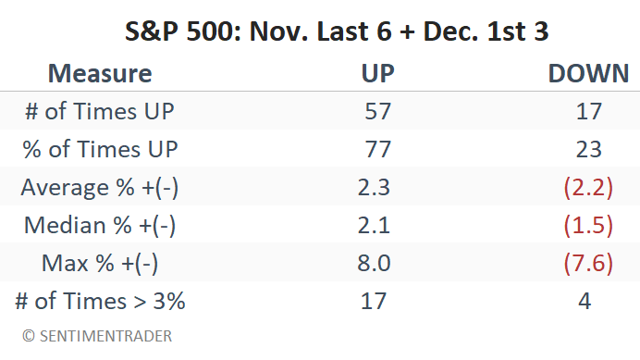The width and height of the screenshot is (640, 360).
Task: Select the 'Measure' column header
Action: point(99,74)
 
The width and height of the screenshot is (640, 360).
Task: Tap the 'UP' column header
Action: point(376,74)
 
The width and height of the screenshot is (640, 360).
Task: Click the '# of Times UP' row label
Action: point(100,112)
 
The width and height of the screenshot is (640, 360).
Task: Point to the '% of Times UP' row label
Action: point(100,150)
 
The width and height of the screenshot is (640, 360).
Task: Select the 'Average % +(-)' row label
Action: point(100,188)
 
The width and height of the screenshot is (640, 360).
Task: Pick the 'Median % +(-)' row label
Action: point(100,225)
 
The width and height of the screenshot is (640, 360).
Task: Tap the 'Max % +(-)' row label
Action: point(100,263)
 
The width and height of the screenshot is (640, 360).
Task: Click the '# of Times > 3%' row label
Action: point(100,301)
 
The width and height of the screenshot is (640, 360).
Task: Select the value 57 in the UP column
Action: point(377,112)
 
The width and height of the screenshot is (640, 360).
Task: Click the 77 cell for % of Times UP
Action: point(377,150)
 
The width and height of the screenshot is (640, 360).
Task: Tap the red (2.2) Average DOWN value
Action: point(587,188)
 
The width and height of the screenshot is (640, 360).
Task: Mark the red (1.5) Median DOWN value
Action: point(587,225)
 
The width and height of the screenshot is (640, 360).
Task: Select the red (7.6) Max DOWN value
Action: point(587,263)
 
